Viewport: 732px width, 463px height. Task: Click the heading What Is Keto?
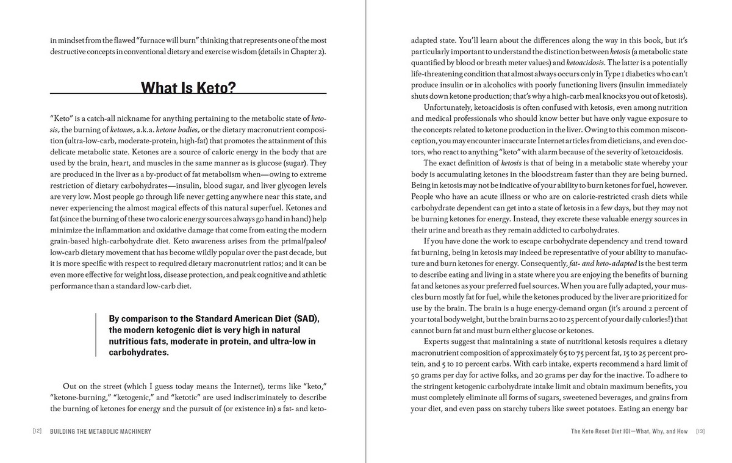coord(188,88)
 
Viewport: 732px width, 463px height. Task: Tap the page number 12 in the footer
coord(37,431)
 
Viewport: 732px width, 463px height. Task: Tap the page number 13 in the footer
coord(700,431)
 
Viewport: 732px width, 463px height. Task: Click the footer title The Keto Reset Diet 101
coord(629,431)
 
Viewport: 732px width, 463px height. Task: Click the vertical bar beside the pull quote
coord(96,335)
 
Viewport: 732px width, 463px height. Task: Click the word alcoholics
coord(531,85)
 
